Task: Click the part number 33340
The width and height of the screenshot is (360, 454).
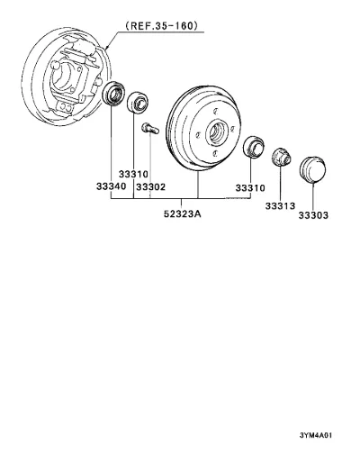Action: click(111, 186)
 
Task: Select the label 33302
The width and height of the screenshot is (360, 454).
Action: click(150, 187)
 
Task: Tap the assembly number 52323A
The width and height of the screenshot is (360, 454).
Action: click(183, 213)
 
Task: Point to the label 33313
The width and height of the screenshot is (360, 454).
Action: click(280, 206)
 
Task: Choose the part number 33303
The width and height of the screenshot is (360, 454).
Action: click(313, 215)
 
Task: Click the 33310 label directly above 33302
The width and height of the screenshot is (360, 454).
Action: click(133, 174)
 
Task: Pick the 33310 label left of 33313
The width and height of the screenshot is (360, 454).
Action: click(250, 188)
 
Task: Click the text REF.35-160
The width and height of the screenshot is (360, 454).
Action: click(162, 25)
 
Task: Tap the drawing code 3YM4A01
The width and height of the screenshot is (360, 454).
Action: click(316, 435)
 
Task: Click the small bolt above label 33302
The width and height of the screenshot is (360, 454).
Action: click(149, 129)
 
